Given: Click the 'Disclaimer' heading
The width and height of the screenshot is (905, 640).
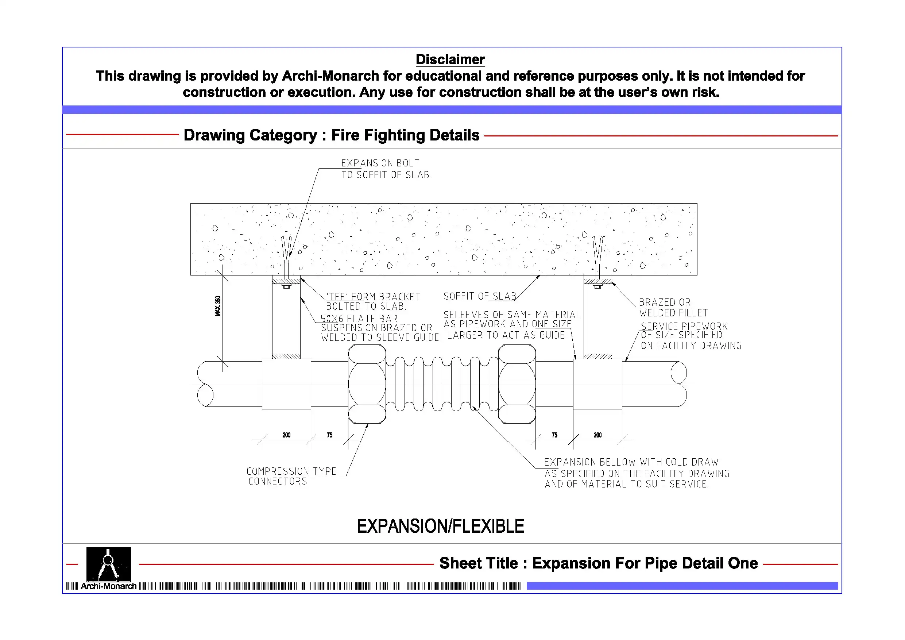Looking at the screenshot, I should pyautogui.click(x=450, y=59).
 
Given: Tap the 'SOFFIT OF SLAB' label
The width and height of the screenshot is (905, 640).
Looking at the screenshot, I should pyautogui.click(x=479, y=296).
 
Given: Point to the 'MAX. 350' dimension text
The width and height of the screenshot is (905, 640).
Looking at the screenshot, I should pyautogui.click(x=218, y=306).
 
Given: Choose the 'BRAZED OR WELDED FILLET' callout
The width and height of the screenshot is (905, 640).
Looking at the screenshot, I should pyautogui.click(x=673, y=308).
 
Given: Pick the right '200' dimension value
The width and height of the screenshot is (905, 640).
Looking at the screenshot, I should pyautogui.click(x=597, y=435).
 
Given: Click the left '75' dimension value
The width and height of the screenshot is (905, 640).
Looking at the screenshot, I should pyautogui.click(x=329, y=435).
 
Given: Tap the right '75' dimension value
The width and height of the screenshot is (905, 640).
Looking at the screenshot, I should pyautogui.click(x=554, y=435).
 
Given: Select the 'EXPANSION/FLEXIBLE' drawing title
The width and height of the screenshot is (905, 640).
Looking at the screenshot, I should pyautogui.click(x=440, y=527).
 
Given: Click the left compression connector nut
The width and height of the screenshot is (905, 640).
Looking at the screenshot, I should pyautogui.click(x=367, y=384).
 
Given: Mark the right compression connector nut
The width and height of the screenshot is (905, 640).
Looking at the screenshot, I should pyautogui.click(x=517, y=384).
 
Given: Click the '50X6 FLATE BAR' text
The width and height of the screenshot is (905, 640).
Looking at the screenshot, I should pyautogui.click(x=359, y=319).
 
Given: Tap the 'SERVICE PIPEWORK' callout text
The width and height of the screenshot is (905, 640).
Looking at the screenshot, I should pyautogui.click(x=684, y=327).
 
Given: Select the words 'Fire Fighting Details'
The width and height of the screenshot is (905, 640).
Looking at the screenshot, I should pyautogui.click(x=405, y=135).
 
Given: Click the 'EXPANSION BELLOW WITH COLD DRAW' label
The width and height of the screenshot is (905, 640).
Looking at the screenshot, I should pyautogui.click(x=631, y=462).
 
